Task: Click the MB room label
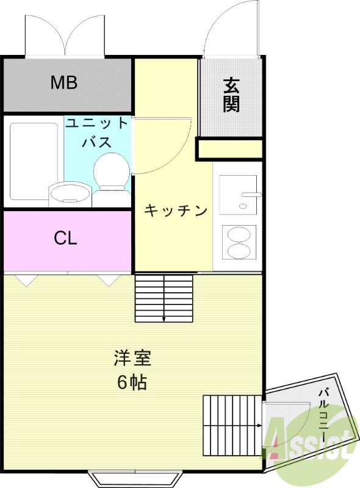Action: coord(64,82)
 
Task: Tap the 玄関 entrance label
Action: coord(231,95)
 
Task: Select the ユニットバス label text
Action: coord(98,133)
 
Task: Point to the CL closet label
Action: coord(65,239)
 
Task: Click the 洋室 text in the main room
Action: coord(132,358)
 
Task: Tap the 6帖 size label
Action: coord(132,382)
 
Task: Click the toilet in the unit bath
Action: coord(112,173)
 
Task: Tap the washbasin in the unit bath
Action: coord(70,194)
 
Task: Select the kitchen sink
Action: coord(237,193)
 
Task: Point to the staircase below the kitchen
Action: coord(164,298)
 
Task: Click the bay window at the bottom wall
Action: coord(135,477)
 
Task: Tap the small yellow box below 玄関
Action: coord(229,149)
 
